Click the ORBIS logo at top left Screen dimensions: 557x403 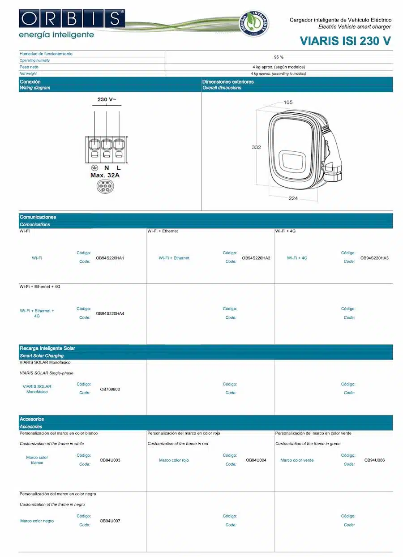(71, 19)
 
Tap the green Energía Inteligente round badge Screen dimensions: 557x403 (254, 23)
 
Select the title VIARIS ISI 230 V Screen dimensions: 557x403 (345, 41)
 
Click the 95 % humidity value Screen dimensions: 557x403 (279, 57)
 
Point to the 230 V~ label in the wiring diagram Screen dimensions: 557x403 (107, 99)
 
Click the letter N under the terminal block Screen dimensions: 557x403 (107, 168)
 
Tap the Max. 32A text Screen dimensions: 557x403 (105, 175)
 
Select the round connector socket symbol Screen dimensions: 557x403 (105, 188)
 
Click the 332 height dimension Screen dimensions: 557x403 (256, 147)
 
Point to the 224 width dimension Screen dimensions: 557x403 (293, 198)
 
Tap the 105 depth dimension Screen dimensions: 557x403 (288, 102)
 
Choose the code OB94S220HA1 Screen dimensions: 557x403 (110, 258)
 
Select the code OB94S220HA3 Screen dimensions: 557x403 (374, 258)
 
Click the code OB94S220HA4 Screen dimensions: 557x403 (110, 313)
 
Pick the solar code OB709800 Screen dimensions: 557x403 (110, 389)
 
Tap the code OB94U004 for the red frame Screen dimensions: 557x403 (256, 460)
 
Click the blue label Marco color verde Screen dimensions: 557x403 (297, 460)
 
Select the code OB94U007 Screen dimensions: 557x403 (110, 521)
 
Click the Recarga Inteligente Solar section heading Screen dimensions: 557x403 (47, 348)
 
